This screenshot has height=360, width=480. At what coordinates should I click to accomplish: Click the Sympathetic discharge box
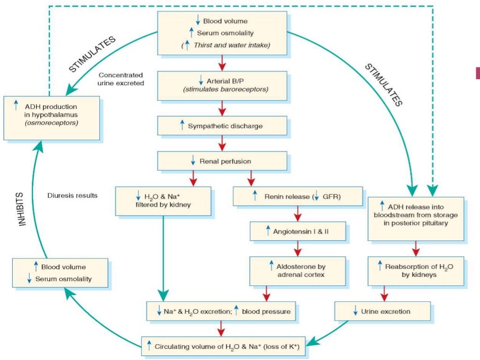[x=222, y=126]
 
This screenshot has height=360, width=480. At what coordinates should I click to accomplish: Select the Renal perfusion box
[x=222, y=161]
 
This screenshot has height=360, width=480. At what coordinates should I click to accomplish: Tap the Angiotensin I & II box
[x=298, y=232]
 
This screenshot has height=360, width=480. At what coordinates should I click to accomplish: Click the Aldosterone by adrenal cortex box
[x=298, y=270]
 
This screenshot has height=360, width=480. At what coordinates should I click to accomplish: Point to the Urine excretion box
[x=382, y=311]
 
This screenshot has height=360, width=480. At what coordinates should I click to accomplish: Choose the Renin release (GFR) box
[x=298, y=196]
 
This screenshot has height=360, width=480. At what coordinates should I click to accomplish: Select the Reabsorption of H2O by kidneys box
[x=416, y=270]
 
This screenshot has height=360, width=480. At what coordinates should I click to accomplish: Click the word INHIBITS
[x=22, y=209]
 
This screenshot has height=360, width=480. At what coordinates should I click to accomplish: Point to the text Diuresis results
[x=73, y=195]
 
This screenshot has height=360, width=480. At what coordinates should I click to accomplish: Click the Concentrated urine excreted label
[x=121, y=79]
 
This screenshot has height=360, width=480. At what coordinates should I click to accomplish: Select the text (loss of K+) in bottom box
[x=278, y=347]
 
